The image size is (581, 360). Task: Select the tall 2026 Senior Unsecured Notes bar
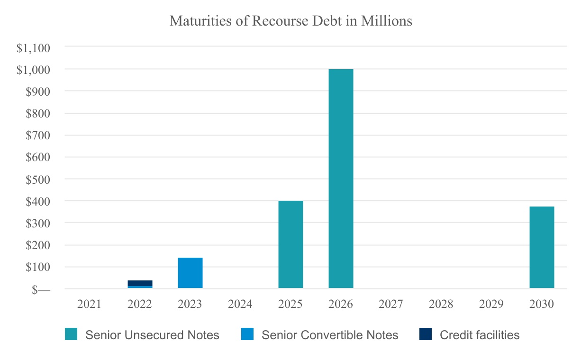point(341,179)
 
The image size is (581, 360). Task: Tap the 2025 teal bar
point(290,244)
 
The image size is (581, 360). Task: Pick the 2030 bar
point(542,247)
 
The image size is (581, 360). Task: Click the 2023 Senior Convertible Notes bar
point(190,273)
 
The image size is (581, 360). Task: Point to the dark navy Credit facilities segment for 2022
point(140,283)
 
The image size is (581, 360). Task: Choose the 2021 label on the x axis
point(90,304)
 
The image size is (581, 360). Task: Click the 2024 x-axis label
point(240,304)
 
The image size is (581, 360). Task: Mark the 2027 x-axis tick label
point(391,304)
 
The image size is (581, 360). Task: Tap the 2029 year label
point(491,304)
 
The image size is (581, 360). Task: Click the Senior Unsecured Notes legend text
point(152,335)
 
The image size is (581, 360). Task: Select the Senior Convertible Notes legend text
point(330,335)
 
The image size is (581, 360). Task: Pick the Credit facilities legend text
point(480,335)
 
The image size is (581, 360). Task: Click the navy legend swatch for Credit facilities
point(425,335)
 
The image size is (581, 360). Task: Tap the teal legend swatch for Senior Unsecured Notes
point(71,335)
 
